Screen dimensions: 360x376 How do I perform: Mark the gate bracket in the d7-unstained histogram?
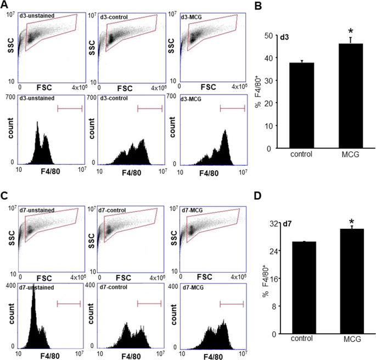(x=69, y=303)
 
